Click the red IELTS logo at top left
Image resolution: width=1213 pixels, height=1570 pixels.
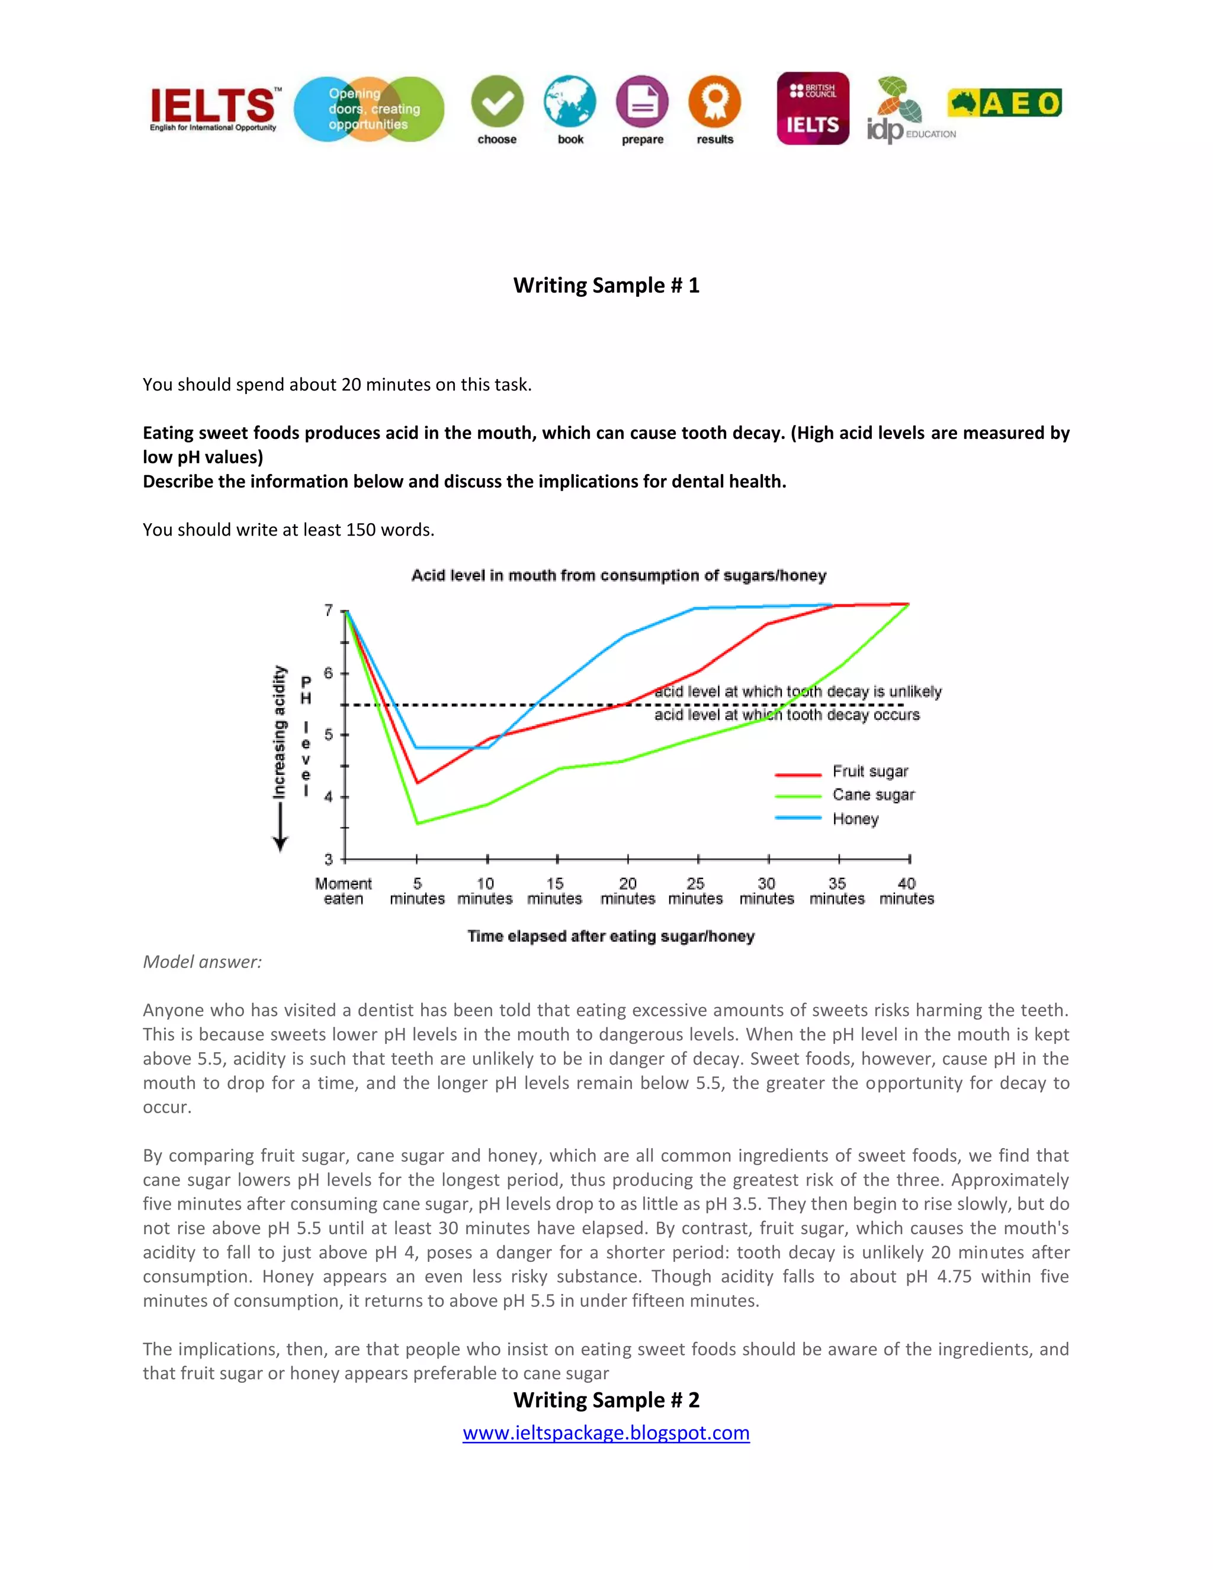[x=213, y=108]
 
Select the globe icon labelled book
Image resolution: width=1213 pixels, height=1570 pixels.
[x=570, y=102]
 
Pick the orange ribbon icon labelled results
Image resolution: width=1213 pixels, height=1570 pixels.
[x=714, y=102]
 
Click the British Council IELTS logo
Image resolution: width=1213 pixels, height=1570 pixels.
[x=813, y=108]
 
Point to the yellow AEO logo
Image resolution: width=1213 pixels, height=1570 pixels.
[x=1004, y=104]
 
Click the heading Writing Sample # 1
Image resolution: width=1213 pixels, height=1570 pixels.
[x=606, y=286]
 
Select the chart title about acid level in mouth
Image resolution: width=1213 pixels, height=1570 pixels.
[x=619, y=575]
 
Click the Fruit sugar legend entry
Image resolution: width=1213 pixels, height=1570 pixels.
[x=869, y=771]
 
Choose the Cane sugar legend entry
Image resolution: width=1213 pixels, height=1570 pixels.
[x=873, y=795]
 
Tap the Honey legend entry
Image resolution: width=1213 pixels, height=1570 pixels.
[x=855, y=819]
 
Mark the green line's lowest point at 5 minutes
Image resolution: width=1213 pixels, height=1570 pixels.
[x=418, y=823]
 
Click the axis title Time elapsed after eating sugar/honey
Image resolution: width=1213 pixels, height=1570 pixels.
[x=611, y=936]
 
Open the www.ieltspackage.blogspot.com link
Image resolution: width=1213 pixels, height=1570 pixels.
[x=606, y=1432]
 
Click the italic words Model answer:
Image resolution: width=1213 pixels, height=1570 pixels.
[x=202, y=962]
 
